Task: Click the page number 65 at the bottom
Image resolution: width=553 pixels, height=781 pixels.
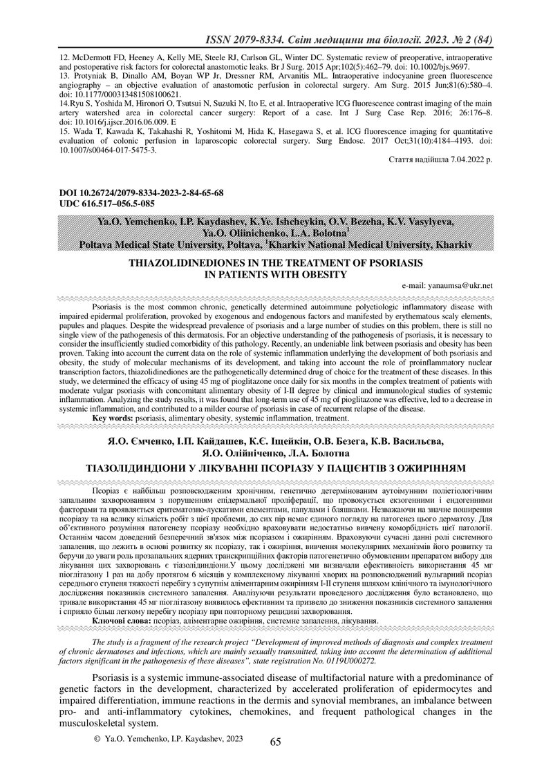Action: click(x=275, y=742)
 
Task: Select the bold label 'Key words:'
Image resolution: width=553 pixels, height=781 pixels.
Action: click(x=113, y=418)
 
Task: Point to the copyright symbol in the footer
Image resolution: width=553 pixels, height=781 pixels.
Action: click(x=97, y=739)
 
